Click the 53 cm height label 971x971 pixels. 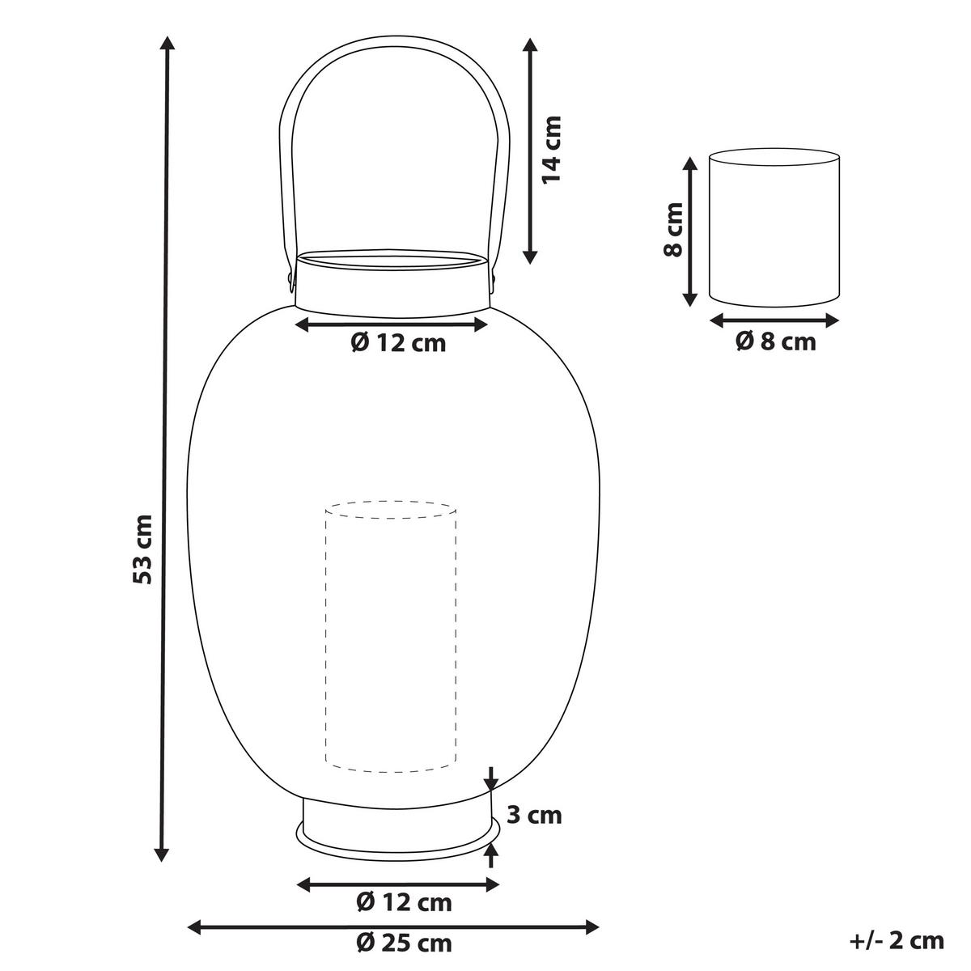tap(142, 549)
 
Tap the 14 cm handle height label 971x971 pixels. tap(551, 149)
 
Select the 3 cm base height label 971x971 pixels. tap(534, 816)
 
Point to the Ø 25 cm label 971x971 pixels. tap(404, 943)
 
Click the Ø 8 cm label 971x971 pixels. tap(775, 341)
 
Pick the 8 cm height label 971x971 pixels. tap(673, 229)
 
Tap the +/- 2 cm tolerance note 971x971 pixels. tap(897, 941)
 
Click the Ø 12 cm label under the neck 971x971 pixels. tap(399, 343)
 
